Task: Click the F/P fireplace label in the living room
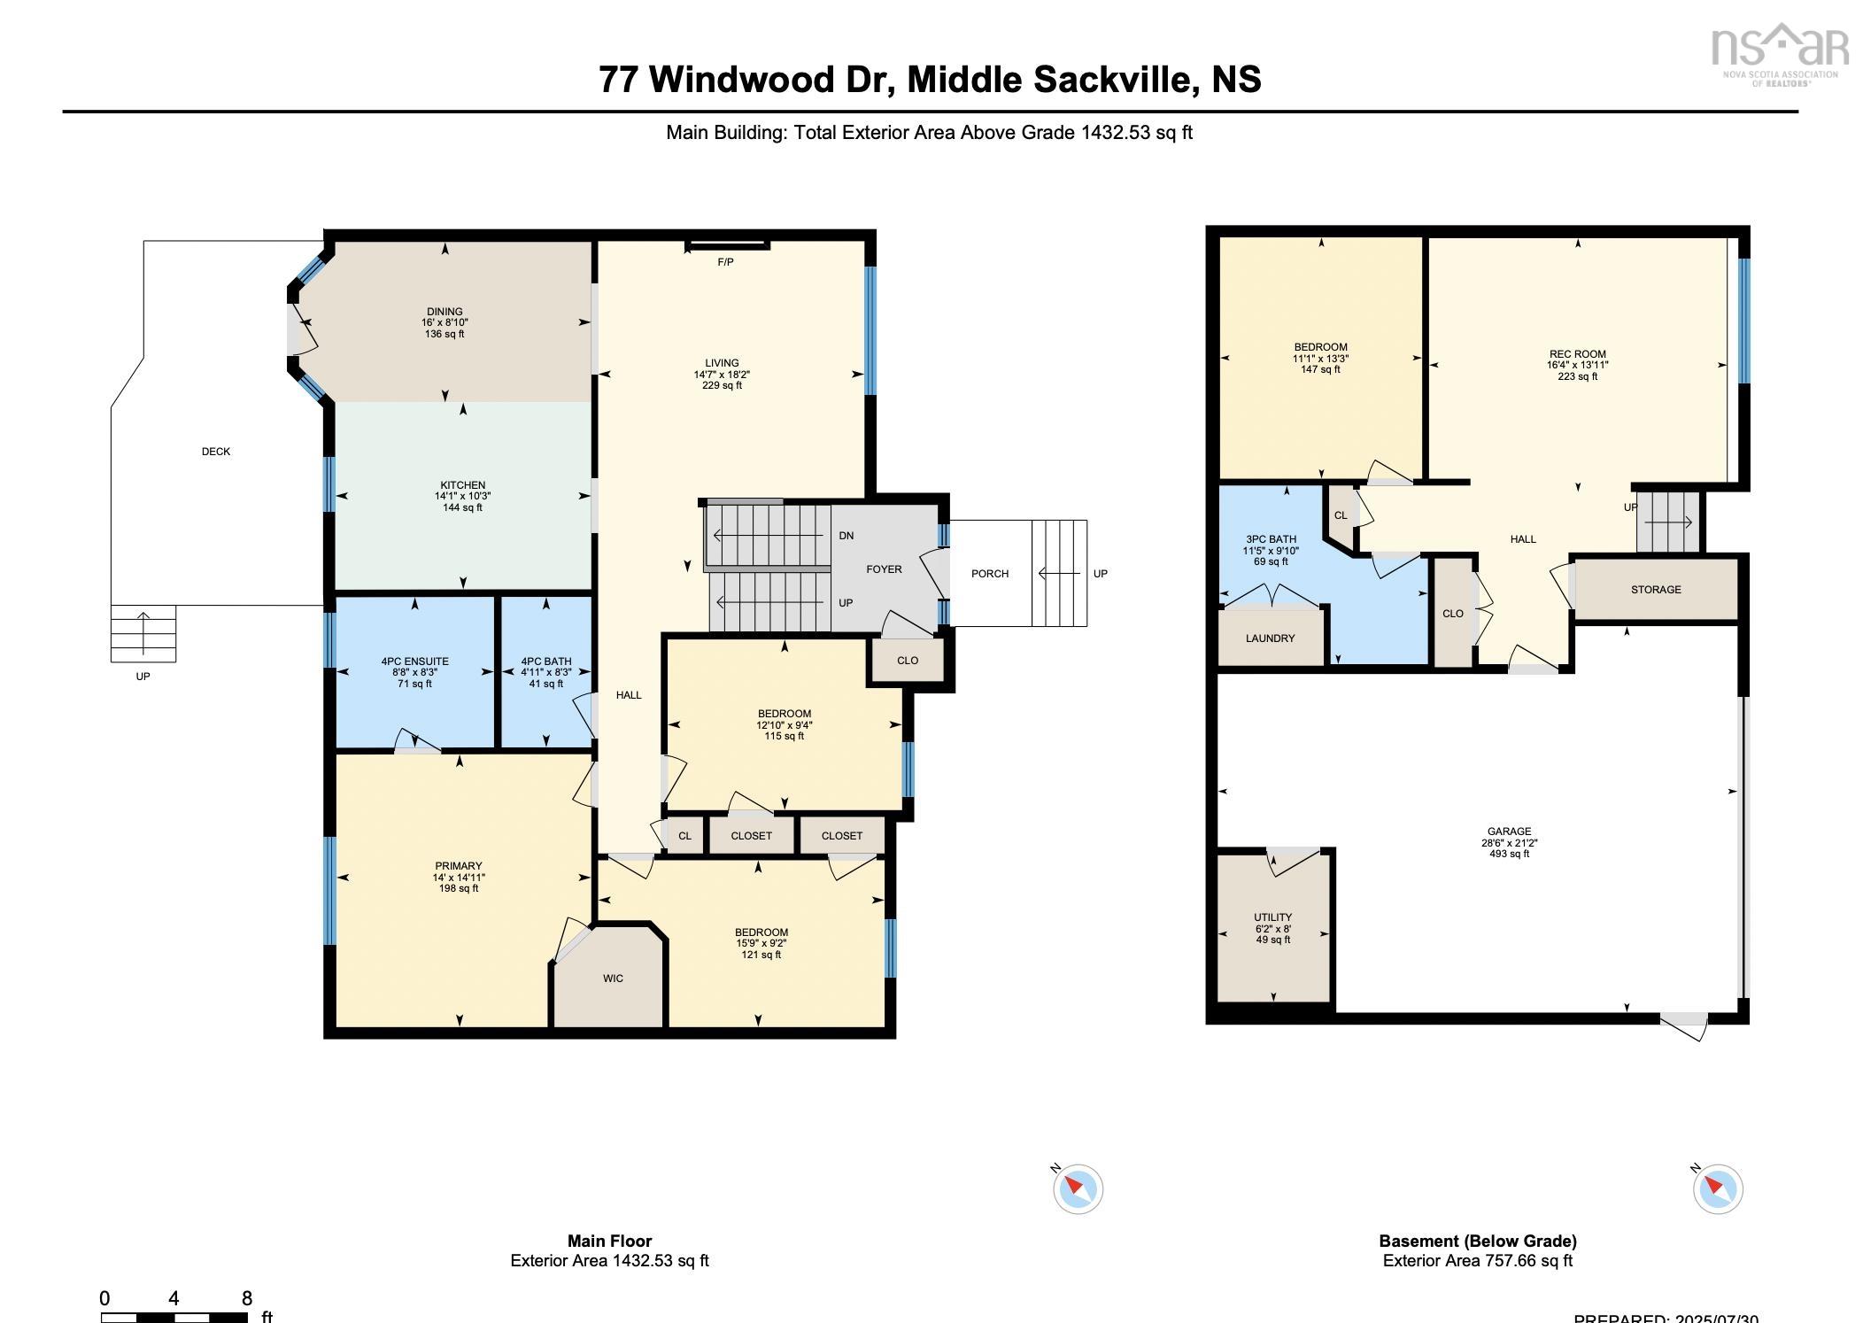click(x=724, y=262)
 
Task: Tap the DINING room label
click(x=444, y=312)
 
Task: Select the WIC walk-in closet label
click(x=613, y=979)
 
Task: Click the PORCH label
click(x=989, y=574)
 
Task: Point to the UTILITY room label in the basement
click(x=1272, y=917)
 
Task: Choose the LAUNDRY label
click(x=1270, y=638)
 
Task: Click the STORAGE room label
click(x=1655, y=590)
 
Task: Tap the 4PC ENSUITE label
click(x=414, y=661)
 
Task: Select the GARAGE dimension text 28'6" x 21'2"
click(x=1509, y=843)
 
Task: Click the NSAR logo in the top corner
click(x=1780, y=51)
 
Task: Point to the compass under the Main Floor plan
click(x=1078, y=1188)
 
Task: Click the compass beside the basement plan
click(x=1717, y=1188)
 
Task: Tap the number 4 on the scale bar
click(x=174, y=1298)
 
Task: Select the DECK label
click(x=216, y=452)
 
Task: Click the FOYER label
click(x=884, y=569)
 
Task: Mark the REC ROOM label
click(x=1577, y=354)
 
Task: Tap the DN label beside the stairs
click(x=846, y=536)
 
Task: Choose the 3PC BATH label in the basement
click(x=1271, y=539)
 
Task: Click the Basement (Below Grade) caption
click(x=1477, y=1241)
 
